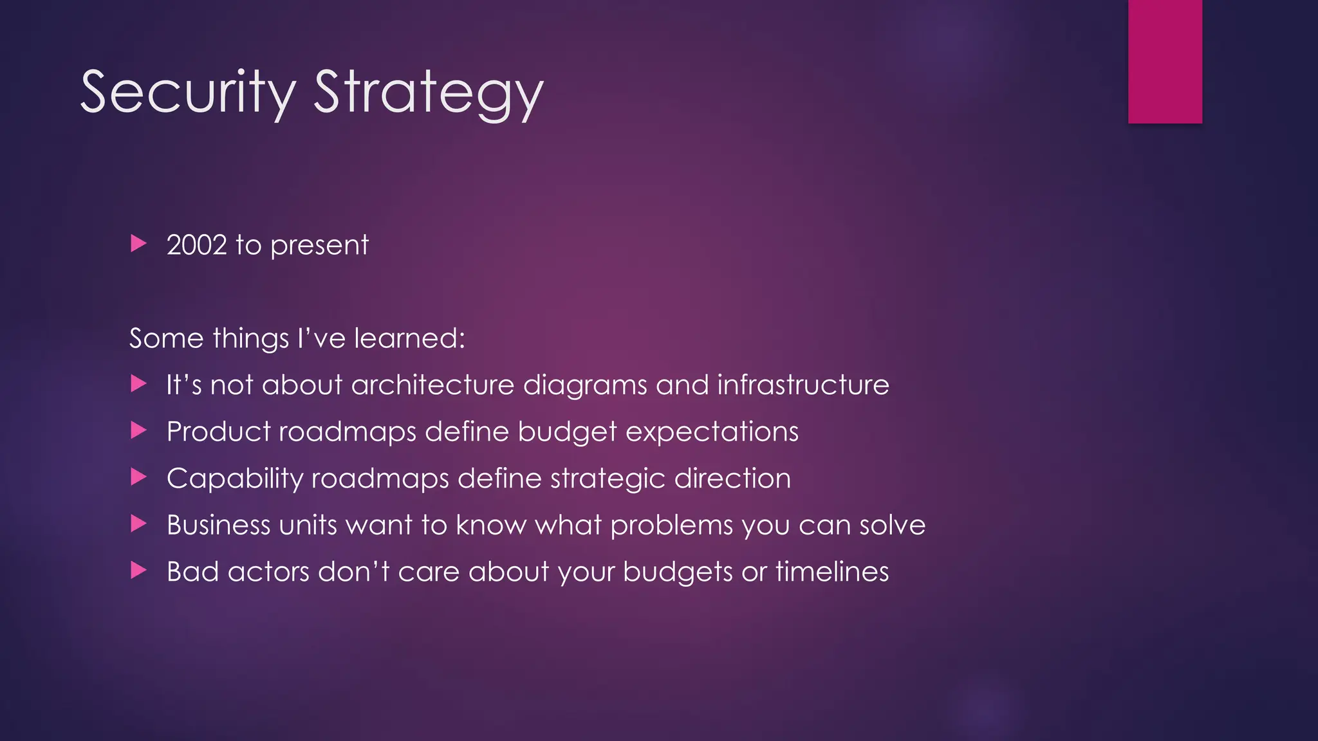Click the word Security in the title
[188, 93]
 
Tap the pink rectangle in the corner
[1165, 61]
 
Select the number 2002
[197, 245]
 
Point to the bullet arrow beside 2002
[138, 244]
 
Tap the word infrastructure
[803, 385]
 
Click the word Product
[218, 432]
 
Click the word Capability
[234, 479]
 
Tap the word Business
[218, 526]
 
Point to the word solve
[892, 526]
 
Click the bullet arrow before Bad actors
[138, 570]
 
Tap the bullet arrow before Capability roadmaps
[138, 477]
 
